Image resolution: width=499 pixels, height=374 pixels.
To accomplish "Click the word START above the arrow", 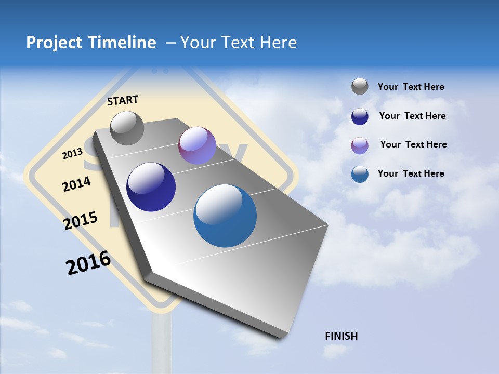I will [x=123, y=100].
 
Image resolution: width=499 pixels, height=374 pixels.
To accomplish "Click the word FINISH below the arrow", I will [x=342, y=336].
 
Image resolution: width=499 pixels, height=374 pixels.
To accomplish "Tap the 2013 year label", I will [x=73, y=153].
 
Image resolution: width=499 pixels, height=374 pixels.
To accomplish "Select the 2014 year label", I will [x=76, y=184].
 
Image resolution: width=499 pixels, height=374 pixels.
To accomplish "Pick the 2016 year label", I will [x=88, y=263].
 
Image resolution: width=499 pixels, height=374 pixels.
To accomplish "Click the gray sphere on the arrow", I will [x=127, y=128].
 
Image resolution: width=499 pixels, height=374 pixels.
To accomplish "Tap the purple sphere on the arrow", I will [x=197, y=145].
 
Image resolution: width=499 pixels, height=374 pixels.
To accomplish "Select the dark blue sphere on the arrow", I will [x=151, y=187].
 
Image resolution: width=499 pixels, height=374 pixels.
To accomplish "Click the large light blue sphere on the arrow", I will [x=225, y=216].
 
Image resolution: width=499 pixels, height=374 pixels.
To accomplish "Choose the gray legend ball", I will [x=360, y=86].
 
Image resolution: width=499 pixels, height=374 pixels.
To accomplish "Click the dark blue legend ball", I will [x=360, y=116].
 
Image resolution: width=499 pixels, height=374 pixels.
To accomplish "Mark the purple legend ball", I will [x=360, y=145].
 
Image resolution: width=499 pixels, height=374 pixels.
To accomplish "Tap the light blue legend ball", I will [x=360, y=174].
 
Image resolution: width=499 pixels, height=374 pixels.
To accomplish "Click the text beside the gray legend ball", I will [x=411, y=87].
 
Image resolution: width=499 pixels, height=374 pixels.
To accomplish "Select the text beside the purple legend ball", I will [x=413, y=144].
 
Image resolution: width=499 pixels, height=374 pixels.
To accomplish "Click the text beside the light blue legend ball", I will [x=411, y=173].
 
